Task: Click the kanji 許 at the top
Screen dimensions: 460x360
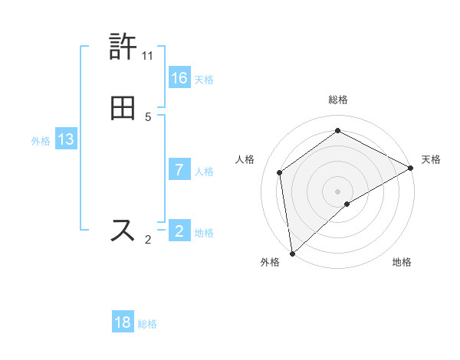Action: click(123, 47)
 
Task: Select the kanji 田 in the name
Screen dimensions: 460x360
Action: click(123, 107)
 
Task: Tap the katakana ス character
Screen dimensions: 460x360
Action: click(123, 230)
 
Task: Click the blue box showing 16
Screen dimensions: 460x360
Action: click(179, 77)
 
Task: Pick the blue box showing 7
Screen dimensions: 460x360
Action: click(179, 170)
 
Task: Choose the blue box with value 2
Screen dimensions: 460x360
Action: click(179, 231)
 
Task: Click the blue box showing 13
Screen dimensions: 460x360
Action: click(66, 139)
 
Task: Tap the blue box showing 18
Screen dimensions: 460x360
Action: click(123, 322)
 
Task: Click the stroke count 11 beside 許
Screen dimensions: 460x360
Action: click(148, 56)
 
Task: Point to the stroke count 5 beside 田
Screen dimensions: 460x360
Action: click(148, 117)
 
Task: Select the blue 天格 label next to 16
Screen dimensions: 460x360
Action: click(204, 79)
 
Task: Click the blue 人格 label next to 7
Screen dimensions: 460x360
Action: click(204, 172)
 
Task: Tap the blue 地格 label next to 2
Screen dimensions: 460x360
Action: click(204, 232)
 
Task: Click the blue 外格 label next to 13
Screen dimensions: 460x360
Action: click(41, 141)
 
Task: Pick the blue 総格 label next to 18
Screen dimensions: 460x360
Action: click(147, 324)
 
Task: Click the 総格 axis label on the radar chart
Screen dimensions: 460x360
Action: click(338, 100)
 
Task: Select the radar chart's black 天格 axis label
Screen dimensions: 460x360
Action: click(431, 159)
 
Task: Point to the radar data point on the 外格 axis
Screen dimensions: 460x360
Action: click(292, 253)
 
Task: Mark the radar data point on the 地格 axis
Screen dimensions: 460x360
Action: click(347, 204)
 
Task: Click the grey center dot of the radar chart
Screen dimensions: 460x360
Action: click(337, 191)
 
